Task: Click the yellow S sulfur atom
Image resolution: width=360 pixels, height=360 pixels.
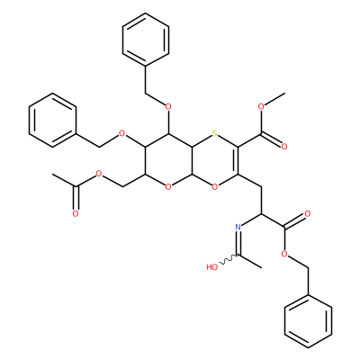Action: (x=214, y=133)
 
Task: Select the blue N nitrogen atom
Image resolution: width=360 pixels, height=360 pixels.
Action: (x=238, y=227)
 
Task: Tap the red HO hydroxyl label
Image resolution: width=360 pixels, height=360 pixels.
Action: (x=212, y=267)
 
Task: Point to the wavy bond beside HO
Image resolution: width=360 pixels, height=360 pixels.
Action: (x=229, y=260)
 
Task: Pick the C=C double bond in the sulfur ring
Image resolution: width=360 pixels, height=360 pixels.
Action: (x=237, y=160)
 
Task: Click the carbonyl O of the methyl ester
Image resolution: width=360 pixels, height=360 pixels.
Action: (x=284, y=147)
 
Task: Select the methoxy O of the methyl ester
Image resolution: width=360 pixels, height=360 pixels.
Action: (x=261, y=106)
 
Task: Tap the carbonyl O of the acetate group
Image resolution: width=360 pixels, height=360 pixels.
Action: (x=76, y=214)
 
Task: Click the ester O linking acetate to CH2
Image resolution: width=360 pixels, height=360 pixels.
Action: (x=98, y=174)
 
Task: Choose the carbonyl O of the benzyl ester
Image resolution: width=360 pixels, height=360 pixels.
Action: (x=308, y=213)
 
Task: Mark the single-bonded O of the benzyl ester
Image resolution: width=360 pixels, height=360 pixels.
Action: (x=284, y=254)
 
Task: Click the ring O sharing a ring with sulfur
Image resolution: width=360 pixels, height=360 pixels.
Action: (x=214, y=187)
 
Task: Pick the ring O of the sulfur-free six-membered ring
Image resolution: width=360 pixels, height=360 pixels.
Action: (x=168, y=187)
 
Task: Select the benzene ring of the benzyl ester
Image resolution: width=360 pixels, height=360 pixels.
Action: (x=308, y=322)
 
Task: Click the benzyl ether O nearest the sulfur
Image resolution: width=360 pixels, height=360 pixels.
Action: (x=168, y=106)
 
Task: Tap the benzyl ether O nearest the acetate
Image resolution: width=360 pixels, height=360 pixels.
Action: (x=121, y=133)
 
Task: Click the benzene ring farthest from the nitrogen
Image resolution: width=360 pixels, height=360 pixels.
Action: (x=146, y=40)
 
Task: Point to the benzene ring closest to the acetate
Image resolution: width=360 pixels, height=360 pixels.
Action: (x=52, y=120)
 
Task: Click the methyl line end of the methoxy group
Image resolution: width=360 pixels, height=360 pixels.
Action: (x=284, y=93)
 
